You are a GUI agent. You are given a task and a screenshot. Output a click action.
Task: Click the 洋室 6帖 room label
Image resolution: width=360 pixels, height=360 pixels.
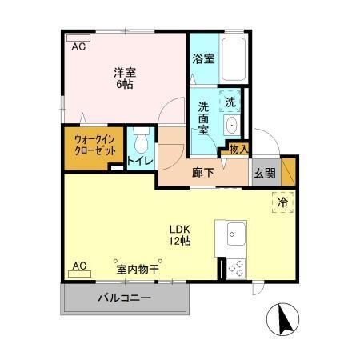[x=122, y=75]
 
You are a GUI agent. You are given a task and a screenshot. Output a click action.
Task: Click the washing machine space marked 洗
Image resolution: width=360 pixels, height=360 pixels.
[x=230, y=102]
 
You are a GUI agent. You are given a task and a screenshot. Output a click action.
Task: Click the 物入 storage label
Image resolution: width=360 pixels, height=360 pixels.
[x=238, y=149]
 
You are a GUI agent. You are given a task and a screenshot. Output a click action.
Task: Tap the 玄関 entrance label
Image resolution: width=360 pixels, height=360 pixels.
[x=264, y=171]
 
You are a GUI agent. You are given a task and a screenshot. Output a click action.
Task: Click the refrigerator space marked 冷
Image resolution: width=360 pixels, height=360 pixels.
[x=282, y=203]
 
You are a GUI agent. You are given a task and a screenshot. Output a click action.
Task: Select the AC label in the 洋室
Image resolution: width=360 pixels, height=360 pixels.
[x=78, y=47]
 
